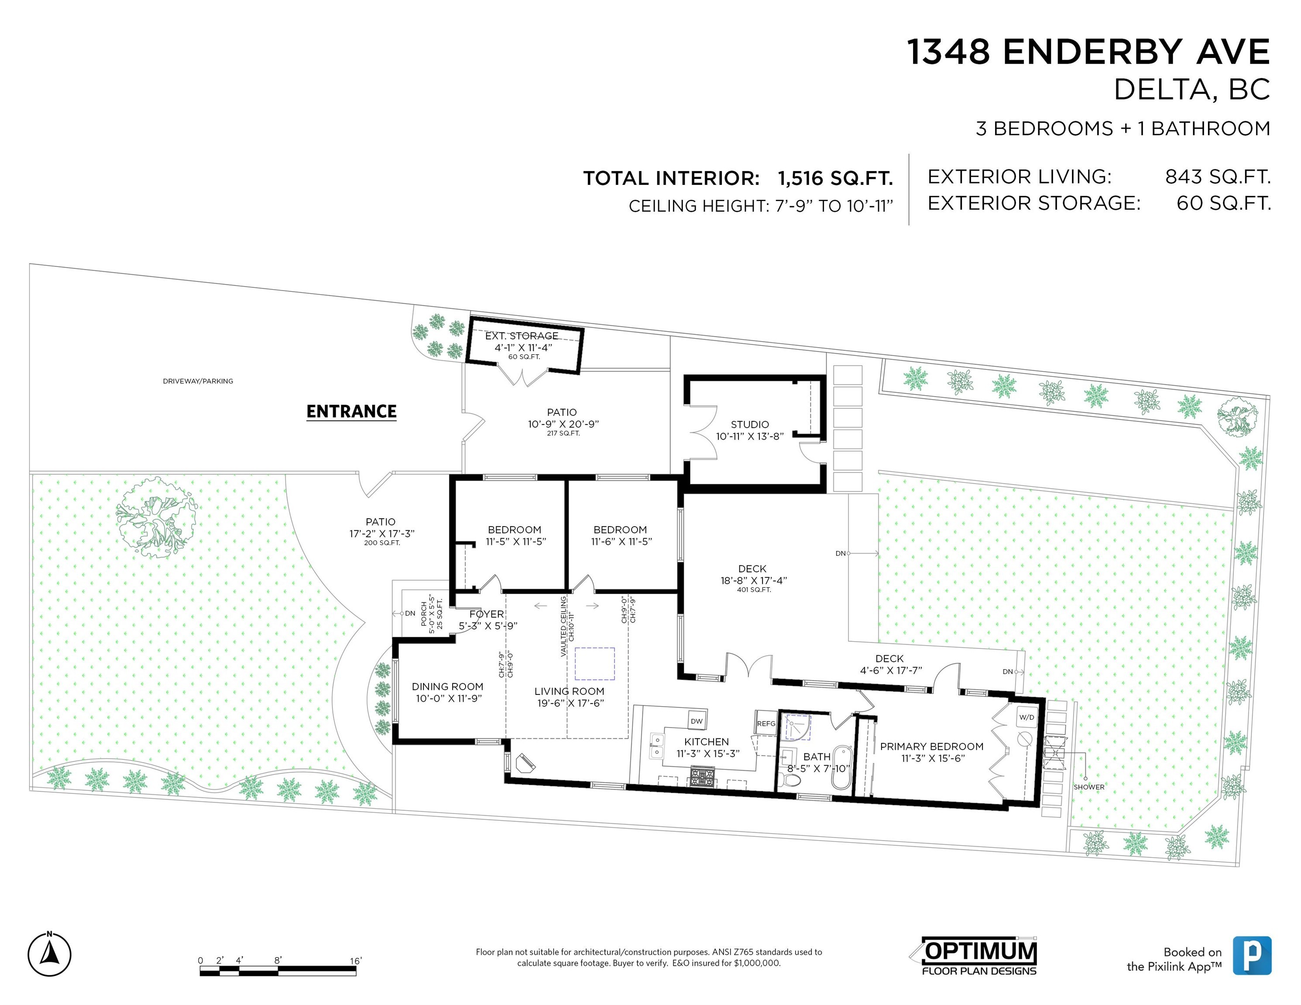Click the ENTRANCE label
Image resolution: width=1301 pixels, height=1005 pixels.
351,411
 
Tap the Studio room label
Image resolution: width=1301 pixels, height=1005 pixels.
749,424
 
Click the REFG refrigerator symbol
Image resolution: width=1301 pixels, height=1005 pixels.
766,723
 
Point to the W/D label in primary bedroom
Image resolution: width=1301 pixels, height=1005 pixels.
1026,718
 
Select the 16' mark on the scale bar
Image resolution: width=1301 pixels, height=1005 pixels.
356,961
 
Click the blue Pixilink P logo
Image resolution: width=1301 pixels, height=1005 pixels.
1252,955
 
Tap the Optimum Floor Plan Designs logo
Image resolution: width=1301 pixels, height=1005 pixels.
977,957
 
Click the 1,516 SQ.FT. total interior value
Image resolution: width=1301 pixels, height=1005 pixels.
835,178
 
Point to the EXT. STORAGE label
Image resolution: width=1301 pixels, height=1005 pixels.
522,336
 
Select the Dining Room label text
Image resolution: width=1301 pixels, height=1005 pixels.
447,687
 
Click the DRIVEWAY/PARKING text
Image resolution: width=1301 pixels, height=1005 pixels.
198,381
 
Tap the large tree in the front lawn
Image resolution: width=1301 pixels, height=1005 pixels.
156,516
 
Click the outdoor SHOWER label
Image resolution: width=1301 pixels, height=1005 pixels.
1089,786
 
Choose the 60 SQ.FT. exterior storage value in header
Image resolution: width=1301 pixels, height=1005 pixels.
1224,203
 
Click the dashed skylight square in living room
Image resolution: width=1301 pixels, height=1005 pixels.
594,663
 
